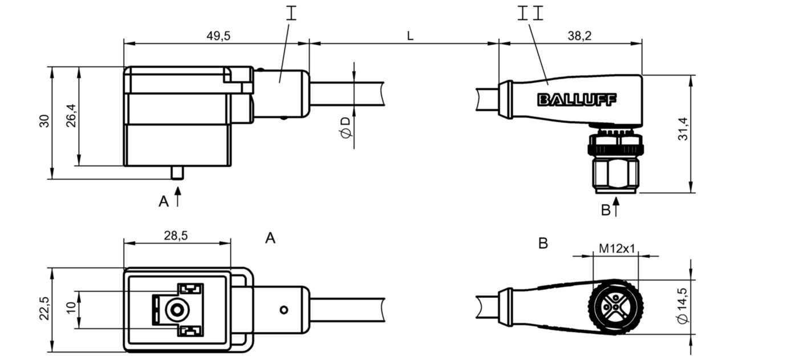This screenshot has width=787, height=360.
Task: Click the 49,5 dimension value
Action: [x=218, y=36]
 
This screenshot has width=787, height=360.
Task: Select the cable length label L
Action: [x=409, y=36]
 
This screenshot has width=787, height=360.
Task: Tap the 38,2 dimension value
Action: [x=580, y=36]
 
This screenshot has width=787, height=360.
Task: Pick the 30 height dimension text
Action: [x=45, y=121]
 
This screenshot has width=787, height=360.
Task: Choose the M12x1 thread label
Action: [x=617, y=249]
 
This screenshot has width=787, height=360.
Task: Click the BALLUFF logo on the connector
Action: [x=577, y=100]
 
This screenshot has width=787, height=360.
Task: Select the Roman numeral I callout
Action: [x=291, y=13]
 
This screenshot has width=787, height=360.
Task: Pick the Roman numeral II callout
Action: [x=530, y=13]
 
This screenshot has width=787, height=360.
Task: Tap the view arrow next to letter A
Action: [x=177, y=197]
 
